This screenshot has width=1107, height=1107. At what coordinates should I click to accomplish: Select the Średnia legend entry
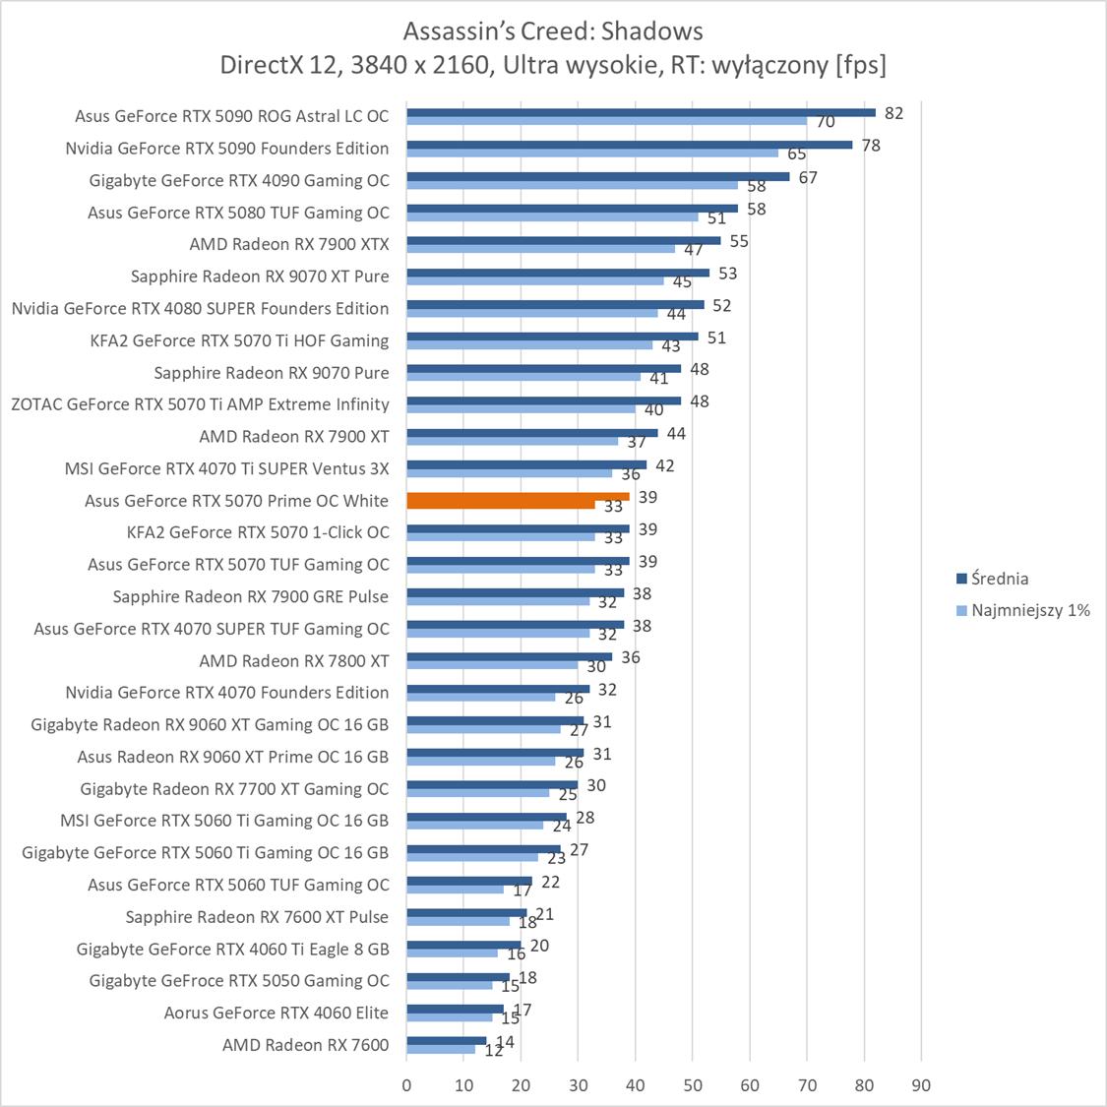[x=999, y=579]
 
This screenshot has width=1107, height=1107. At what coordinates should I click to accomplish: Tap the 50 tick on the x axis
[x=693, y=1085]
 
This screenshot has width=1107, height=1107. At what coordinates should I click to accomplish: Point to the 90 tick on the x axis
[x=921, y=1085]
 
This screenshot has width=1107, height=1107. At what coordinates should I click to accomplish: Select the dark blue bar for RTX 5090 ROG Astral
[x=641, y=112]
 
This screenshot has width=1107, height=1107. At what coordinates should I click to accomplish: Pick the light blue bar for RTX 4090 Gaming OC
[x=572, y=185]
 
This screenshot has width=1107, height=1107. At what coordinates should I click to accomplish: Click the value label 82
[x=893, y=113]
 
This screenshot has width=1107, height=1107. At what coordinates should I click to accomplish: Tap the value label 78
[x=870, y=146]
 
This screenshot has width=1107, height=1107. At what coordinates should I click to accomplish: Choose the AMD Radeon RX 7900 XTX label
[x=289, y=244]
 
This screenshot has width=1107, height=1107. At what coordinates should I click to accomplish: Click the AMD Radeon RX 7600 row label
[x=305, y=1045]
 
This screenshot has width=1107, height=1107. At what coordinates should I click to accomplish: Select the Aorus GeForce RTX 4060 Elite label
[x=277, y=1013]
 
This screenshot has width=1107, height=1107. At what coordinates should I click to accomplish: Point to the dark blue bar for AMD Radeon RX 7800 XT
[x=509, y=656]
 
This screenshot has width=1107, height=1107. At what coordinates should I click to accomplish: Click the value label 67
[x=808, y=178]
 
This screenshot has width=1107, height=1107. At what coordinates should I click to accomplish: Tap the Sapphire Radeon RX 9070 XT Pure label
[x=260, y=277]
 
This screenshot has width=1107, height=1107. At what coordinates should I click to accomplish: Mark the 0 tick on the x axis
[x=406, y=1085]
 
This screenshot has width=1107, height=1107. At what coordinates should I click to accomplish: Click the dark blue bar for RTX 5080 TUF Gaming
[x=572, y=209]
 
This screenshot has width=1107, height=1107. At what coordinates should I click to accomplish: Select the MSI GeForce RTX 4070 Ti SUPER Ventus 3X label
[x=226, y=468]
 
